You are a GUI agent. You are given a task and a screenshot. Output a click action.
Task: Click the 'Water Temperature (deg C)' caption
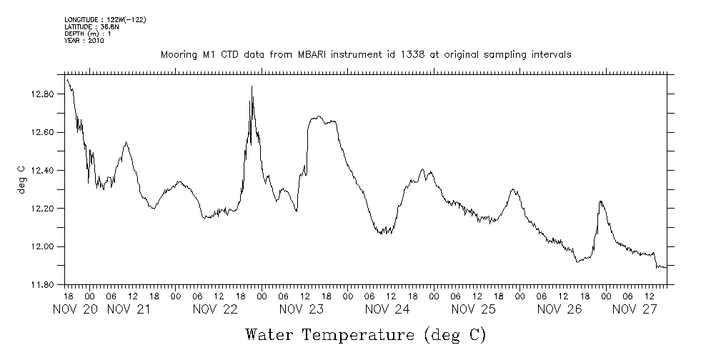(x=365, y=334)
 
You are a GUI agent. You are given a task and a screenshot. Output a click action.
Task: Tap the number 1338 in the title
(x=396, y=54)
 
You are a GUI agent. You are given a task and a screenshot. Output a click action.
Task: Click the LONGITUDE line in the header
(x=105, y=19)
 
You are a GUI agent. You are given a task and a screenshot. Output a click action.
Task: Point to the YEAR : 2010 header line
(x=84, y=41)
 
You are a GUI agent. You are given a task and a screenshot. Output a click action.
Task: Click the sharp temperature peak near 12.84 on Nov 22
(x=252, y=86)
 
